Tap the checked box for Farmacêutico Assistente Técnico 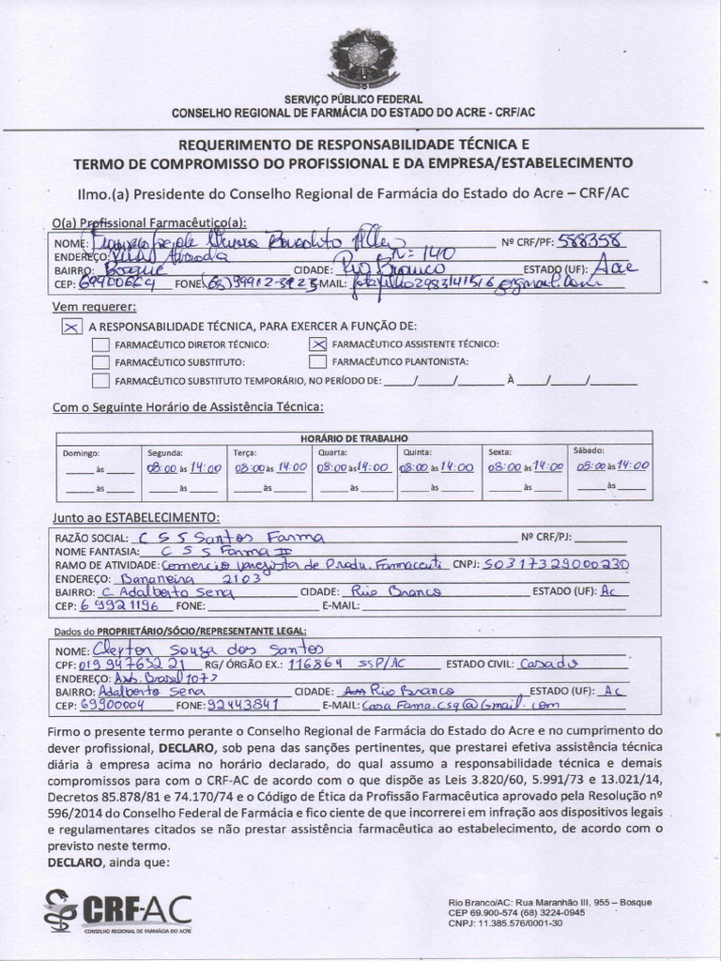317,344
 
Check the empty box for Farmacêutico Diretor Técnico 100,344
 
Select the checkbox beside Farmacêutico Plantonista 317,361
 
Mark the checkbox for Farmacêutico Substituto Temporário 100,380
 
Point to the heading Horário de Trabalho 354,437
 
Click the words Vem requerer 94,307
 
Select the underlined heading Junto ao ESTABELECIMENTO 136,517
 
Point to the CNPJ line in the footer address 505,923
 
